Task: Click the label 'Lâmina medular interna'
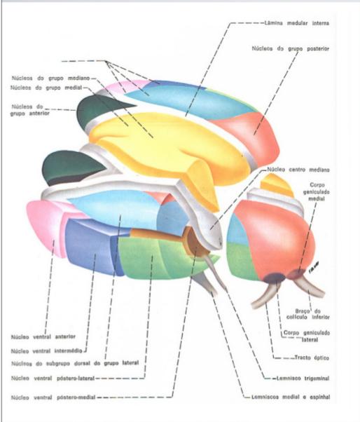[x=296, y=23]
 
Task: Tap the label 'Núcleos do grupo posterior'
[x=291, y=48]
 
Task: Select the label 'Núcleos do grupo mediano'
[x=50, y=79]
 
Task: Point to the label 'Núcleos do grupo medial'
[x=46, y=88]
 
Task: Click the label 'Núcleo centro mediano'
[x=298, y=170]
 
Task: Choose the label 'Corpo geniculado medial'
[x=317, y=192]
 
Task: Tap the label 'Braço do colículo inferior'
[x=308, y=314]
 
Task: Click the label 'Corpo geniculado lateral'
[x=307, y=336]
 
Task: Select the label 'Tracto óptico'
[x=312, y=358]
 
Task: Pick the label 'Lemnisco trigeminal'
[x=303, y=379]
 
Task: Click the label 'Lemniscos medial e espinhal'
[x=291, y=397]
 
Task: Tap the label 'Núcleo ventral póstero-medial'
[x=53, y=397]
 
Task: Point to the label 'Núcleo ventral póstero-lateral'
[x=53, y=379]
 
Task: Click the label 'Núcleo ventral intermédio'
[x=46, y=351]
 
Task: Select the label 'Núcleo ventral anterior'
[x=43, y=336]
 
